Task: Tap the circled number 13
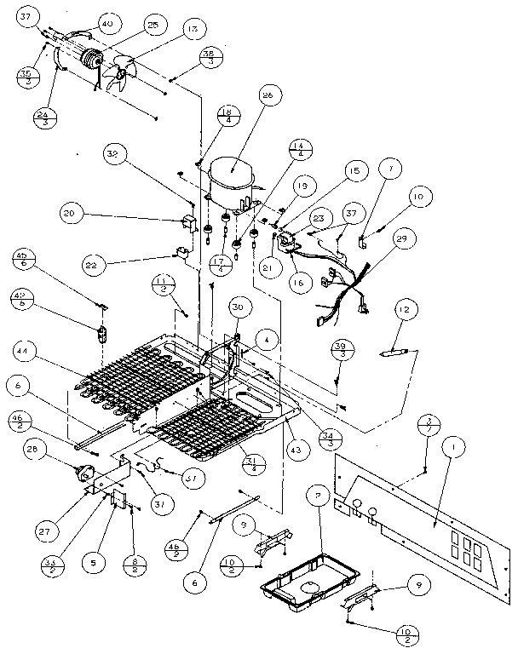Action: tap(190, 30)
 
